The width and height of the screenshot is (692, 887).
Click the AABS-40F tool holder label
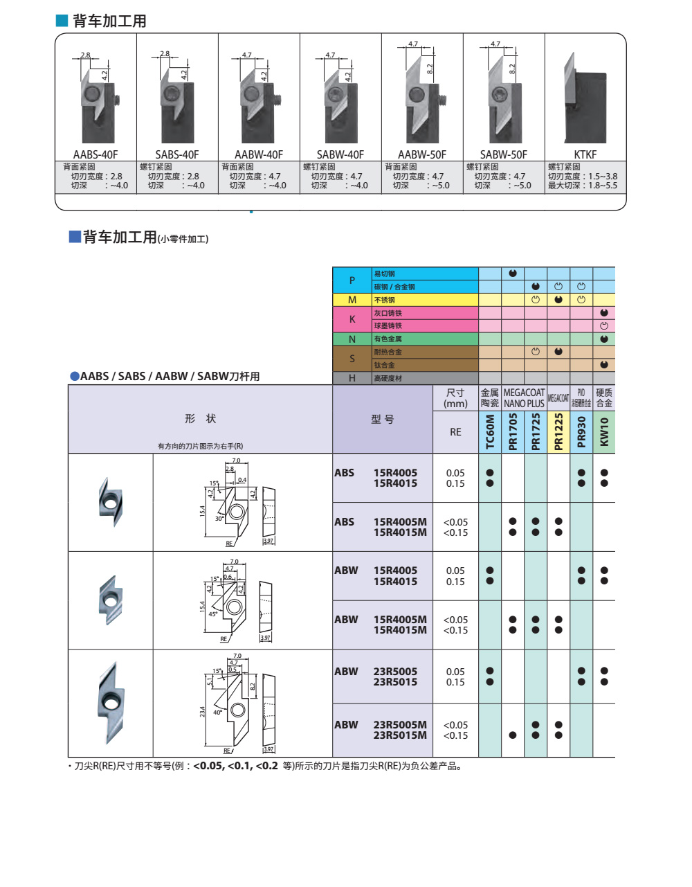(x=95, y=155)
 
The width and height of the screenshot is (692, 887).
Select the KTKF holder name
(x=585, y=155)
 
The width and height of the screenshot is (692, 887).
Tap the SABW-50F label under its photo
(x=503, y=155)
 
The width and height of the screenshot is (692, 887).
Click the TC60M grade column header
(x=490, y=432)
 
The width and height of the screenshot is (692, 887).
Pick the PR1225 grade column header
(x=558, y=432)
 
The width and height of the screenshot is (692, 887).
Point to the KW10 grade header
(x=604, y=432)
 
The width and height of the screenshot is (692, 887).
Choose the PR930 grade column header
(x=581, y=432)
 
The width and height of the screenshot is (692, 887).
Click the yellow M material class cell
(x=352, y=300)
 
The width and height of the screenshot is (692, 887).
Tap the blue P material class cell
(x=352, y=280)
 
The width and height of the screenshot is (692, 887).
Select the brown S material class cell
(x=352, y=359)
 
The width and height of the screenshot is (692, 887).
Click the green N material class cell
(x=352, y=339)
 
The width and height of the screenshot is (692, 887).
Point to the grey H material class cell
(x=352, y=378)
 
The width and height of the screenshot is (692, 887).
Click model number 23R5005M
(x=400, y=725)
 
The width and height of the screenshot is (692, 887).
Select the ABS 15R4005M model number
(x=400, y=522)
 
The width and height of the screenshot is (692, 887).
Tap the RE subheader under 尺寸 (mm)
(x=455, y=432)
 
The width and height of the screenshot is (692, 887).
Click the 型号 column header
(x=382, y=419)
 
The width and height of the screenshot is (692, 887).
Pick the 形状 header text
(x=201, y=419)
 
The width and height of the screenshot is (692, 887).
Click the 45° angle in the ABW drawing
(x=213, y=614)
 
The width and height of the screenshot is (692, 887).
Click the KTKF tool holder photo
(x=585, y=98)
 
